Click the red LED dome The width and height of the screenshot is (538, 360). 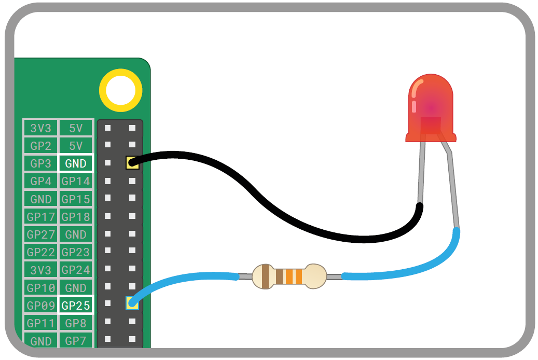pyautogui.click(x=431, y=106)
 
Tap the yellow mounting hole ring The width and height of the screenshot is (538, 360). pyautogui.click(x=121, y=90)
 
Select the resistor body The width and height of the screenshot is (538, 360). pyautogui.click(x=288, y=276)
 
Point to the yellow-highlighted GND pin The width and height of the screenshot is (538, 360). pyautogui.click(x=132, y=163)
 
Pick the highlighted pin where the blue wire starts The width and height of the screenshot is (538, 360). pyautogui.click(x=132, y=303)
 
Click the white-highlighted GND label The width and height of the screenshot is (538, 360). pyautogui.click(x=76, y=163)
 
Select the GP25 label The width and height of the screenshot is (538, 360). pyautogui.click(x=76, y=306)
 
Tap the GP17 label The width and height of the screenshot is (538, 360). pyautogui.click(x=40, y=217)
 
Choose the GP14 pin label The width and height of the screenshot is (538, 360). pyautogui.click(x=76, y=182)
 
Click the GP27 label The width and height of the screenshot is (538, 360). pyautogui.click(x=40, y=234)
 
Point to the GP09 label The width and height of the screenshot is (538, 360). pyautogui.click(x=40, y=306)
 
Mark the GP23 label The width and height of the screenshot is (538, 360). pyautogui.click(x=76, y=252)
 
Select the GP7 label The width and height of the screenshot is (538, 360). pyautogui.click(x=76, y=341)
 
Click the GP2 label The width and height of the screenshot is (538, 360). pyautogui.click(x=40, y=146)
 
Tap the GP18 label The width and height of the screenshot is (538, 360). pyautogui.click(x=76, y=217)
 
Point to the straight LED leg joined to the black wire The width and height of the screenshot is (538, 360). pyautogui.click(x=422, y=171)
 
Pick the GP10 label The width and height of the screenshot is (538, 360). pyautogui.click(x=40, y=288)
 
